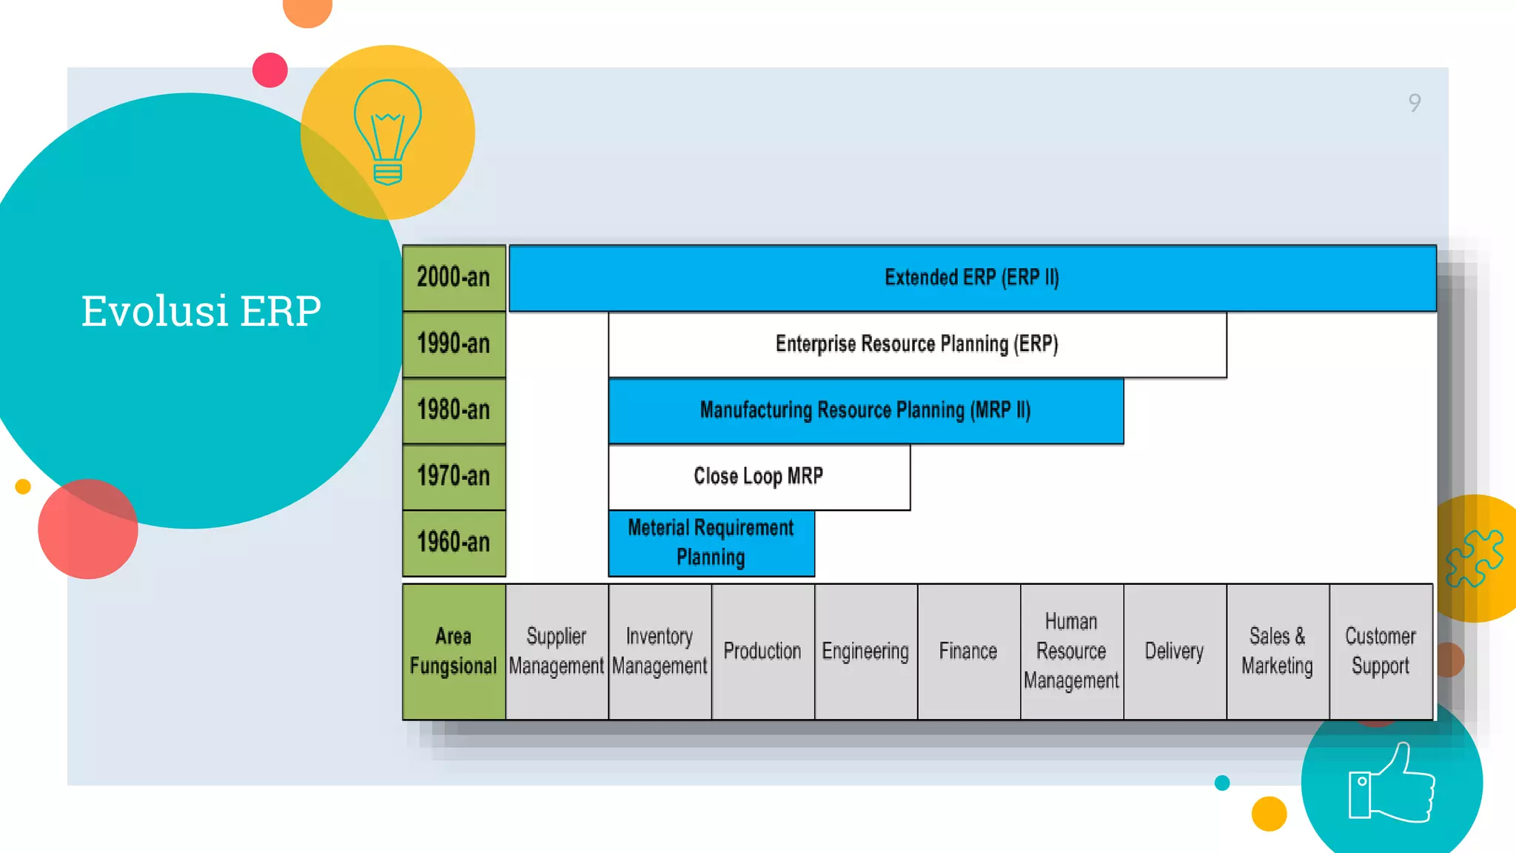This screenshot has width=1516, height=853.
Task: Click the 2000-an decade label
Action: point(454,278)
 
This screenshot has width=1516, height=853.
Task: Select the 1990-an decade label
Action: point(454,344)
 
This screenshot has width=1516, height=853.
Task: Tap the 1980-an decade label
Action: point(454,409)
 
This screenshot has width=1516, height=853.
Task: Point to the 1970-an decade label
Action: point(454,476)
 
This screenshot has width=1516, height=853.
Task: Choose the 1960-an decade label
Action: point(454,542)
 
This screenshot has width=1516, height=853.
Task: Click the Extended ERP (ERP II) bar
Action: point(972,278)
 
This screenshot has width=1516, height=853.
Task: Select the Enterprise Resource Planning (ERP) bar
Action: point(916,344)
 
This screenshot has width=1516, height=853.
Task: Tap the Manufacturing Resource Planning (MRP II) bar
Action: point(865,410)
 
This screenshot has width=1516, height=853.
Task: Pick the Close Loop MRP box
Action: point(759,476)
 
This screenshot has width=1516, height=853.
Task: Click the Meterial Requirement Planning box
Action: point(711,543)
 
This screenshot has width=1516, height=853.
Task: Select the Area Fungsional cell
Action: point(454,651)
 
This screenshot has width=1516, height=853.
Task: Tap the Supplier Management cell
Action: point(557,651)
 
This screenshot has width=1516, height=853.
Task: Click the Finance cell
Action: point(968,651)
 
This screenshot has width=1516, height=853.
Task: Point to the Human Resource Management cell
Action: point(1071,651)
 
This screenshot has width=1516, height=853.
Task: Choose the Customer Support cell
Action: point(1381,651)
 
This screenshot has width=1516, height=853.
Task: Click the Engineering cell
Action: point(865,651)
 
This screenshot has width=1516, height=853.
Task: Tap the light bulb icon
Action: point(388,132)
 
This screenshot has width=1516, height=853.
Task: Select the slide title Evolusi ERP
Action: point(201,310)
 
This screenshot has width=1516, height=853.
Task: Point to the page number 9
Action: point(1415,103)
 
